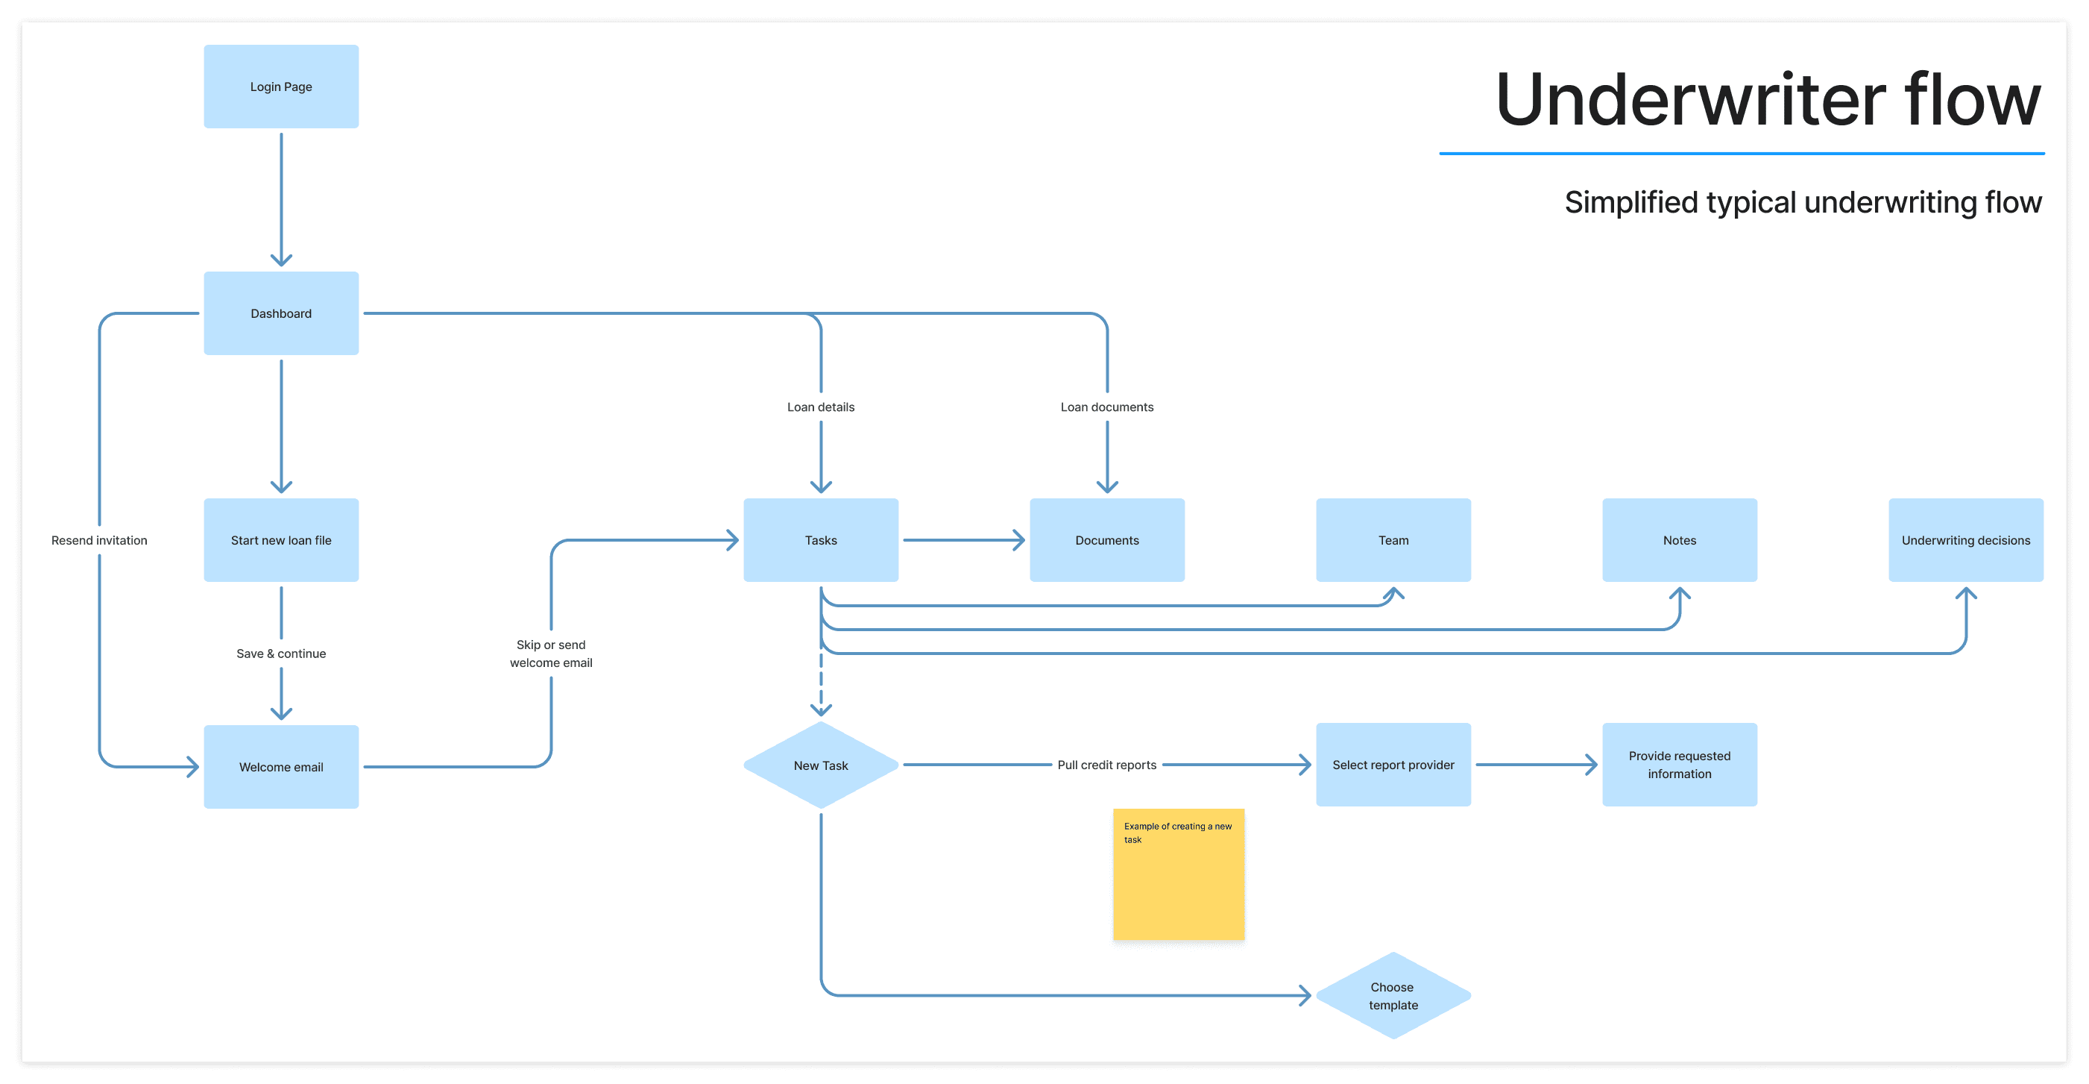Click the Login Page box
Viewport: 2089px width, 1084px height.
(x=280, y=86)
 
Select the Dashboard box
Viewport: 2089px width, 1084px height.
(x=280, y=313)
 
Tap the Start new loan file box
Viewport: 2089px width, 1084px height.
(x=280, y=539)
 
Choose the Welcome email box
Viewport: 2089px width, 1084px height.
(x=280, y=767)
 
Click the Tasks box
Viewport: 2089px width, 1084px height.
(x=821, y=539)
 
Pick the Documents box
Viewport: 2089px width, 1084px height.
(x=1107, y=539)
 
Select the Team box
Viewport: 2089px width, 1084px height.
(x=1393, y=539)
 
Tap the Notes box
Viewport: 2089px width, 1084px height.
(x=1680, y=539)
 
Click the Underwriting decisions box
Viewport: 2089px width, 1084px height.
(x=1966, y=539)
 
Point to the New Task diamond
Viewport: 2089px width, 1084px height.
(x=821, y=765)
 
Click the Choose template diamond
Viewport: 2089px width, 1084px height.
(x=1393, y=995)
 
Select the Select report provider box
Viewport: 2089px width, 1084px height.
(x=1393, y=764)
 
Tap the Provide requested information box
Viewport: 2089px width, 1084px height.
(x=1680, y=764)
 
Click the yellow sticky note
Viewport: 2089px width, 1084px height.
(x=1178, y=874)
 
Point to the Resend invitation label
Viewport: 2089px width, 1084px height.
(x=99, y=540)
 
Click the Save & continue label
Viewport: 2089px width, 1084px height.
(x=280, y=653)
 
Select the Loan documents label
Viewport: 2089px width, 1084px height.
(x=1107, y=407)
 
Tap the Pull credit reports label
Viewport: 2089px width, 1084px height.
(x=1107, y=764)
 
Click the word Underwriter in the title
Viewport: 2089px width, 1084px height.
(x=1690, y=99)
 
